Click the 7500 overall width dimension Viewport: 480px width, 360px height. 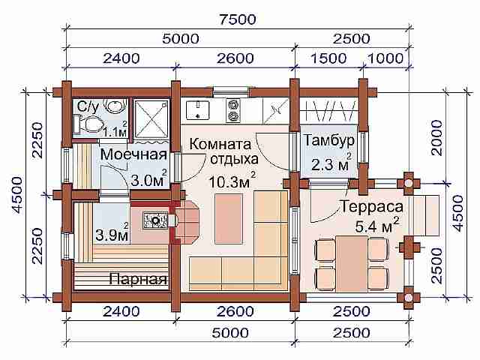click(x=238, y=19)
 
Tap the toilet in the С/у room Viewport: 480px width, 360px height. click(x=88, y=124)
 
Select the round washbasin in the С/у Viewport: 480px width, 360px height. click(x=115, y=105)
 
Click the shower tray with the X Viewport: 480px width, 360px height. click(x=151, y=118)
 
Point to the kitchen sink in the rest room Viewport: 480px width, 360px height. click(x=198, y=109)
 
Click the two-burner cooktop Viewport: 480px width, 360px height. click(x=233, y=110)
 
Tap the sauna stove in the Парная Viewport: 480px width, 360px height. click(x=155, y=220)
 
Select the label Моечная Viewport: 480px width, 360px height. click(x=133, y=154)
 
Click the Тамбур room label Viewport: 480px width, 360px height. click(x=329, y=140)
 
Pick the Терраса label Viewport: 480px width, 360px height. click(x=372, y=206)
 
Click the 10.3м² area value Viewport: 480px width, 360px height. click(x=232, y=181)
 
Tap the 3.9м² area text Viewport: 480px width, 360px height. click(x=112, y=233)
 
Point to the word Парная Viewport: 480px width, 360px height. click(x=138, y=279)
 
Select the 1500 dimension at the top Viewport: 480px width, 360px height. click(x=328, y=58)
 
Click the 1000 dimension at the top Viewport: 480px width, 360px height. click(x=385, y=58)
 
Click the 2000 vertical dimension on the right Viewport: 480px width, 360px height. click(x=436, y=138)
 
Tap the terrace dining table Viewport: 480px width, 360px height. click(x=352, y=263)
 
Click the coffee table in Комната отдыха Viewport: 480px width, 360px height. click(x=229, y=219)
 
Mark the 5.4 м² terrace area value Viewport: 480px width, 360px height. click(x=377, y=226)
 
